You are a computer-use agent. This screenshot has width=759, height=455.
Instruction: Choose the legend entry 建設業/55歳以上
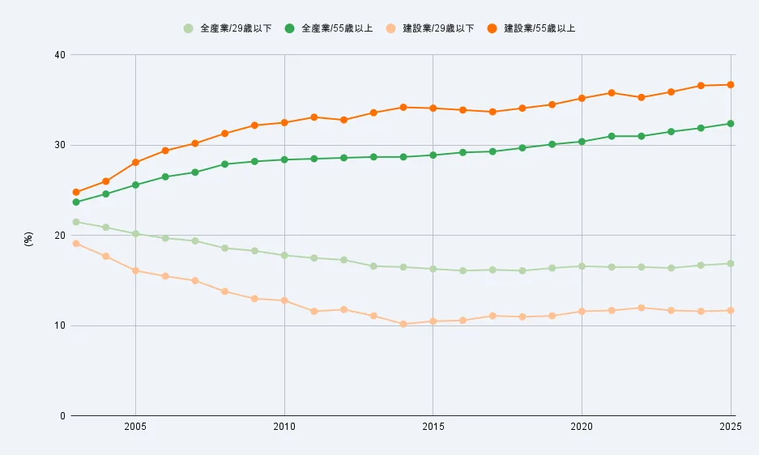pyautogui.click(x=537, y=28)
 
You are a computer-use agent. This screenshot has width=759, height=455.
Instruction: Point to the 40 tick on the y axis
pyautogui.click(x=59, y=55)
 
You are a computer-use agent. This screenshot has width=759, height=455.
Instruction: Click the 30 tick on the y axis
pyautogui.click(x=59, y=146)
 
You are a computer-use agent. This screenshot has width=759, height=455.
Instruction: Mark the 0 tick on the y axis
pyautogui.click(x=62, y=416)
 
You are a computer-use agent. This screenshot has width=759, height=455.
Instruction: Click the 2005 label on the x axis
pyautogui.click(x=135, y=426)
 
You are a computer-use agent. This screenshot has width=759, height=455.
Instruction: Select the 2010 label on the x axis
pyautogui.click(x=284, y=426)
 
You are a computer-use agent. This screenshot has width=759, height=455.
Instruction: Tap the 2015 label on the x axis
pyautogui.click(x=433, y=426)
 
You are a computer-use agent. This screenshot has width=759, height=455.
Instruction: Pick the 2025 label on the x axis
pyautogui.click(x=729, y=426)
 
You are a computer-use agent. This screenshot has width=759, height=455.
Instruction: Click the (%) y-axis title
pyautogui.click(x=29, y=239)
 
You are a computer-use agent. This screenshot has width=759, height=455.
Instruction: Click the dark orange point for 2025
pyautogui.click(x=731, y=84)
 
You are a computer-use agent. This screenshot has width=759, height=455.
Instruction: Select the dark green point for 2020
pyautogui.click(x=582, y=142)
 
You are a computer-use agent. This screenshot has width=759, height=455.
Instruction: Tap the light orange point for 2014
pyautogui.click(x=403, y=324)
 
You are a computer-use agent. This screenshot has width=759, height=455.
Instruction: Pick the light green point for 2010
pyautogui.click(x=284, y=255)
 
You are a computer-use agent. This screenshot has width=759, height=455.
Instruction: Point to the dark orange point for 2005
pyautogui.click(x=135, y=163)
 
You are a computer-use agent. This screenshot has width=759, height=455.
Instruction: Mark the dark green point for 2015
pyautogui.click(x=433, y=155)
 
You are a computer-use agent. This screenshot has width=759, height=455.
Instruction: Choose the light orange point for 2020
pyautogui.click(x=582, y=312)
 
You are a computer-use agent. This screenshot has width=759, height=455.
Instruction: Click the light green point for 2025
pyautogui.click(x=731, y=263)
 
